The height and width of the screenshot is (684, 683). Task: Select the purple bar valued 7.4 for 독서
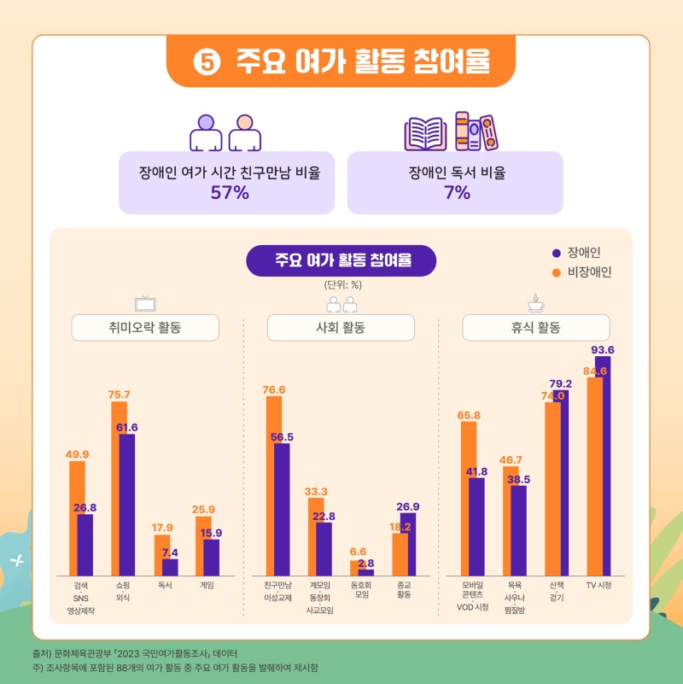(x=171, y=567)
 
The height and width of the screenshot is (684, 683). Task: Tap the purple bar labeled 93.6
(x=604, y=465)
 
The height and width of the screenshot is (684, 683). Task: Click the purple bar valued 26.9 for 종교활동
(x=408, y=543)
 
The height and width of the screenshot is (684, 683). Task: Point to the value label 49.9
(x=78, y=453)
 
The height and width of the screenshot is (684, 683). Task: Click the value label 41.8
(x=476, y=471)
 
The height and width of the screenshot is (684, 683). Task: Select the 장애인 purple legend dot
(x=556, y=253)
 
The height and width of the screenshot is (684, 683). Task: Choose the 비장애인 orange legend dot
(x=556, y=273)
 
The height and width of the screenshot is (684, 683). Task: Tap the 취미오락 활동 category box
(x=145, y=328)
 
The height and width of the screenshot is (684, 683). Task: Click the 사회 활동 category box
(x=341, y=328)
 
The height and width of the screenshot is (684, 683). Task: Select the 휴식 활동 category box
(x=536, y=328)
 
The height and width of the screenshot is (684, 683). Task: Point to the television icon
(x=145, y=303)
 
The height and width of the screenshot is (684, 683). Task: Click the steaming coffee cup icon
(x=536, y=302)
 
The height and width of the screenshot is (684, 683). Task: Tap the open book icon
(x=425, y=132)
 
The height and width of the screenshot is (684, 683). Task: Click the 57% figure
(x=230, y=193)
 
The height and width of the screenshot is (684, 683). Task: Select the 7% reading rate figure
(x=457, y=193)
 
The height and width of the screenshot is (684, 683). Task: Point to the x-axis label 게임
(x=207, y=586)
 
